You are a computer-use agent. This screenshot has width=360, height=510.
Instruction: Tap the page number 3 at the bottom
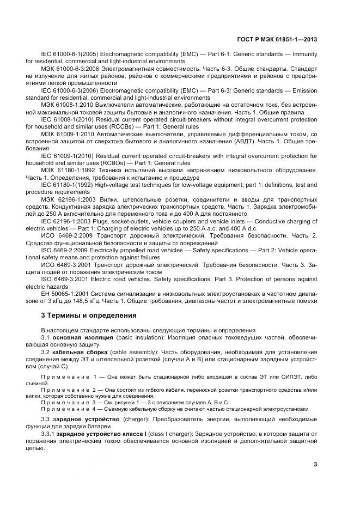(315, 464)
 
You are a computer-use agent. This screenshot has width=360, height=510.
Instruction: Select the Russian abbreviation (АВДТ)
(219, 141)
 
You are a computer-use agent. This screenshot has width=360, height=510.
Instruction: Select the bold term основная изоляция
(82, 337)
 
